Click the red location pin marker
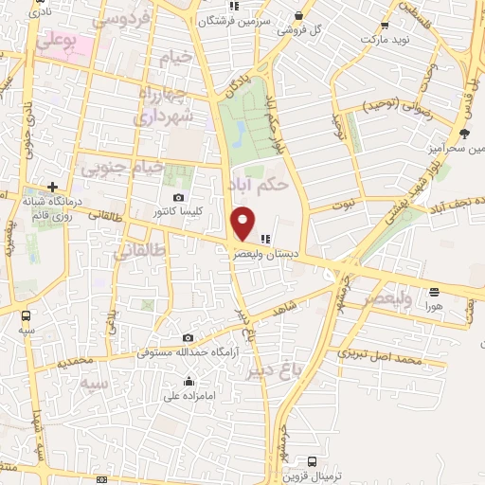click(243, 222)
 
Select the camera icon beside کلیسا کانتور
click(179, 196)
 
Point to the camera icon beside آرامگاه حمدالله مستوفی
click(189, 338)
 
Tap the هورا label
click(434, 307)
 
